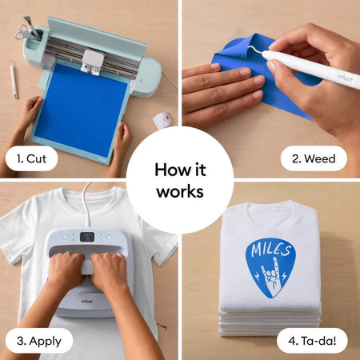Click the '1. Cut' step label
click(31, 158)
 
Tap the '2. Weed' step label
click(314, 158)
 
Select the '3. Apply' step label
click(39, 341)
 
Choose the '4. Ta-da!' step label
click(312, 341)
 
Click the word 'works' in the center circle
click(180, 191)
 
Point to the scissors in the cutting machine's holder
click(26, 31)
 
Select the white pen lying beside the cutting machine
click(14, 79)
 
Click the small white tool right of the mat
click(162, 120)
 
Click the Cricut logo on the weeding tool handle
click(345, 78)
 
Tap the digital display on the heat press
click(87, 237)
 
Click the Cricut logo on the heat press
click(87, 302)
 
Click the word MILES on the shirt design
click(270, 248)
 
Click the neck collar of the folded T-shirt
click(270, 206)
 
